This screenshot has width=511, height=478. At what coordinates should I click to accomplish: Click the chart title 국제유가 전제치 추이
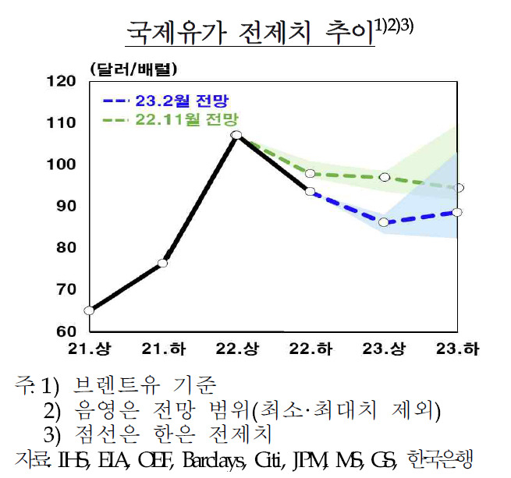tap(250, 33)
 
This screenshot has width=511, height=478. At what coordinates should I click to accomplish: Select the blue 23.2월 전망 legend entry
tap(166, 101)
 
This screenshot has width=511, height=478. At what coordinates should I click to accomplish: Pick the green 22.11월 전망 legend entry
tap(170, 119)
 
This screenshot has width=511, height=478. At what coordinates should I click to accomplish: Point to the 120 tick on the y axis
tap(62, 81)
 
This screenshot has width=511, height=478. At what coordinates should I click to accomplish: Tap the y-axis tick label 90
tap(66, 206)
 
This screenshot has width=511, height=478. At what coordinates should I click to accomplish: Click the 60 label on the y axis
tap(66, 331)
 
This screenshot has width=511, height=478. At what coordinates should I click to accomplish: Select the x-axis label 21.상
tap(89, 349)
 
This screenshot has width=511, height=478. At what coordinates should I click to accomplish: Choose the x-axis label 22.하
tap(311, 349)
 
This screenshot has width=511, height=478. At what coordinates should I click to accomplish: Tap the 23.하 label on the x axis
tap(457, 349)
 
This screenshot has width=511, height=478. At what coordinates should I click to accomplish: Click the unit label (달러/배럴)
tap(133, 69)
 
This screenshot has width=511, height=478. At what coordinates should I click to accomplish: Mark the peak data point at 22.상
tap(236, 135)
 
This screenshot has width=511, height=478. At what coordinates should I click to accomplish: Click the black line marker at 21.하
tap(162, 263)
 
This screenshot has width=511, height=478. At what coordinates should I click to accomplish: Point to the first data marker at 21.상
tap(89, 310)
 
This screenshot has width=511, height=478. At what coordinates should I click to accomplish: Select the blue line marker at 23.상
tap(384, 222)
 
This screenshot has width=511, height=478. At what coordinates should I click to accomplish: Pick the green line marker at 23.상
tap(385, 177)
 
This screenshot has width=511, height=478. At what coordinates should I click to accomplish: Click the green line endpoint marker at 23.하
tap(459, 188)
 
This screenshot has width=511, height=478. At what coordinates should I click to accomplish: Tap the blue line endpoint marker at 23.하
tap(457, 212)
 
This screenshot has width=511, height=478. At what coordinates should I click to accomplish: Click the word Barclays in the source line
tap(214, 460)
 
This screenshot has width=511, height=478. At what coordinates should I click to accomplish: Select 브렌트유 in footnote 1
tap(117, 384)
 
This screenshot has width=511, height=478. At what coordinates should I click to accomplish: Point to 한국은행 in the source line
tap(440, 459)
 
